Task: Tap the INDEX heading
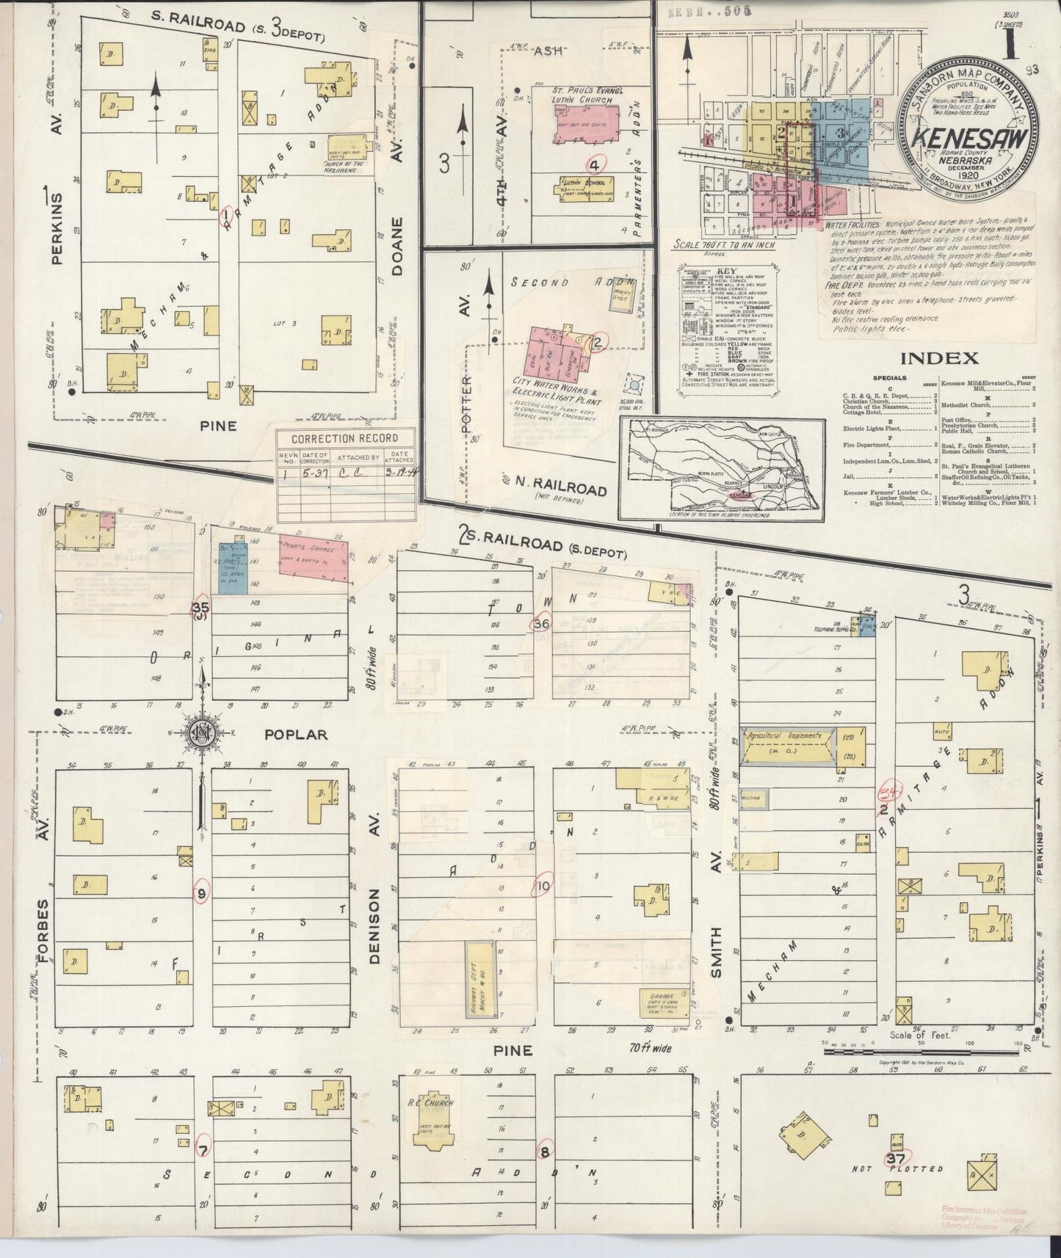coord(938,358)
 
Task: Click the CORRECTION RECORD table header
coord(344,439)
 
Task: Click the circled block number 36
coord(543,623)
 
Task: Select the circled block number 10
coord(543,886)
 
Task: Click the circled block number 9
coord(202,892)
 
